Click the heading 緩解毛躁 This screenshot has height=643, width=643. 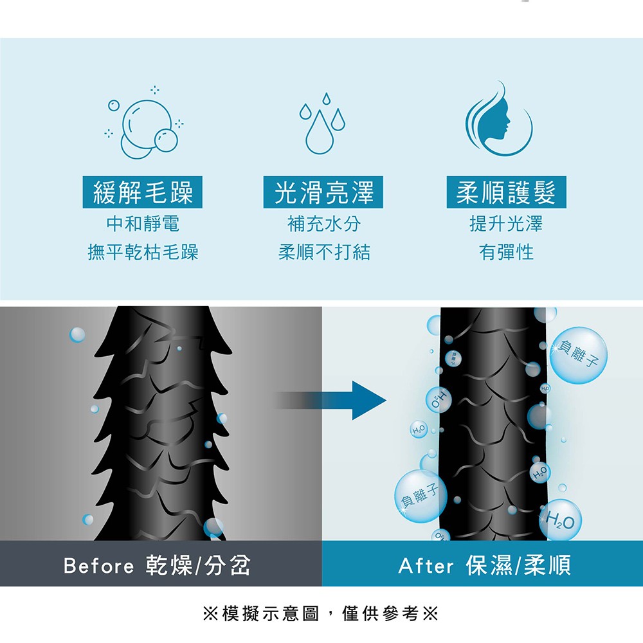click(143, 192)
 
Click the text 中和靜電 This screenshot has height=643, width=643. click(143, 224)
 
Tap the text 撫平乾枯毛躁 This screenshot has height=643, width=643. click(143, 252)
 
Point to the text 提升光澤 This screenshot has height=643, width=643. click(506, 224)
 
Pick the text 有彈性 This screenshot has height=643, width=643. click(506, 252)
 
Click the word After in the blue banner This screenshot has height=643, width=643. click(425, 566)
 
